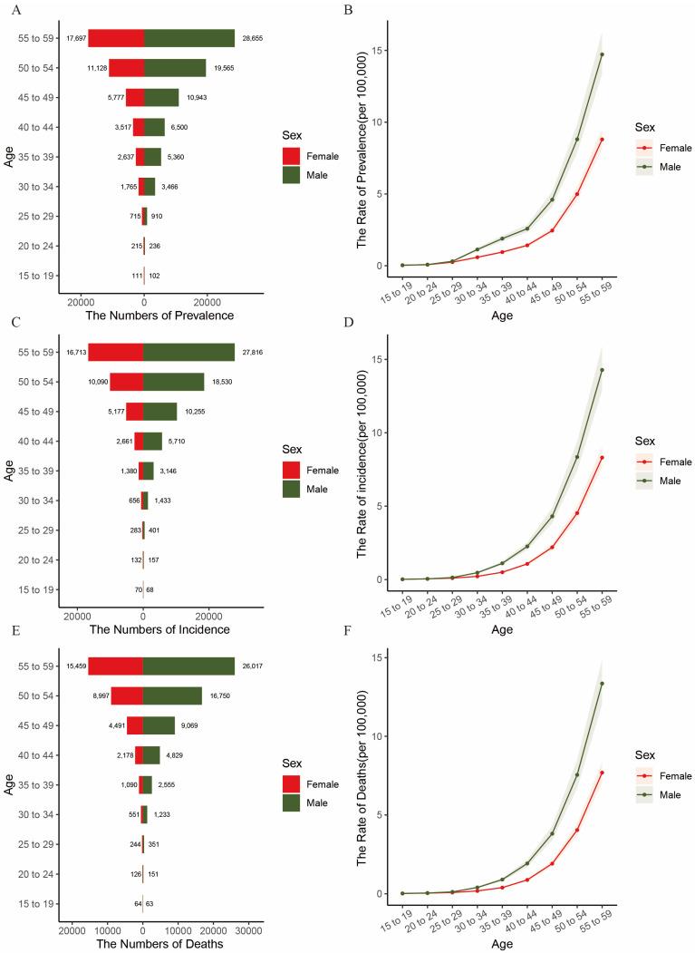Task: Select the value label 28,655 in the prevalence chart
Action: pyautogui.click(x=249, y=39)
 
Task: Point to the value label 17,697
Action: pyautogui.click(x=75, y=39)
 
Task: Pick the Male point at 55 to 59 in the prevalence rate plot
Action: pyautogui.click(x=602, y=54)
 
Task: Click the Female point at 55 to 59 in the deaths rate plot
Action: pyautogui.click(x=602, y=773)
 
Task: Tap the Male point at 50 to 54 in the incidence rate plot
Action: pyautogui.click(x=577, y=457)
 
